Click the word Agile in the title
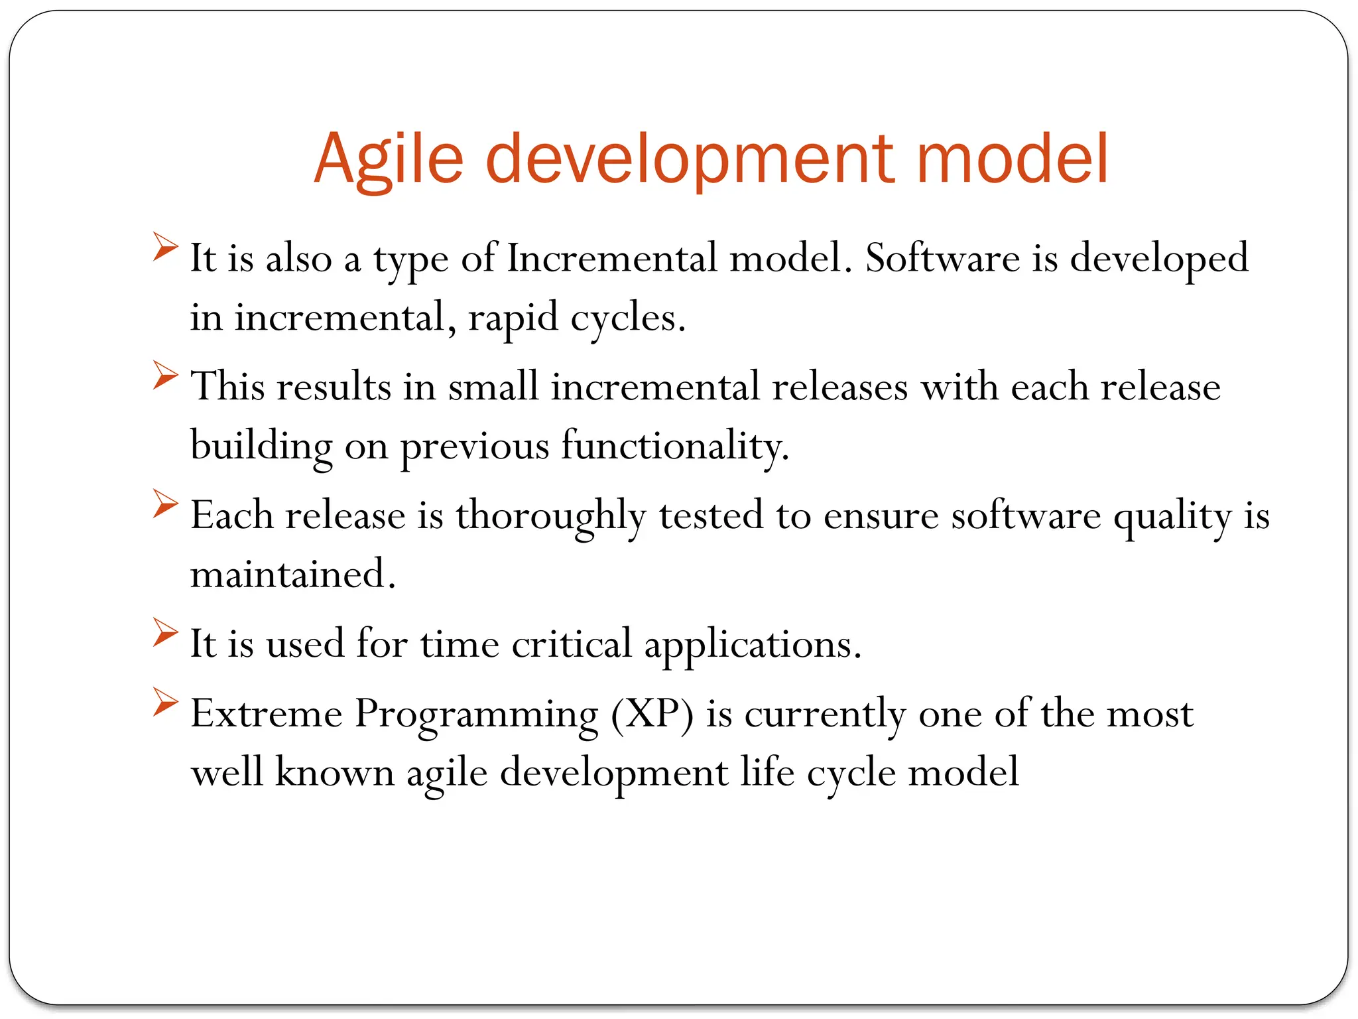pos(388,159)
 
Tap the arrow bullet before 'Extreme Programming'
pos(164,702)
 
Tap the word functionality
pos(675,445)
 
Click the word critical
pos(572,643)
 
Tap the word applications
pos(753,644)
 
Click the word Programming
pos(476,714)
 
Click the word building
pos(261,445)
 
